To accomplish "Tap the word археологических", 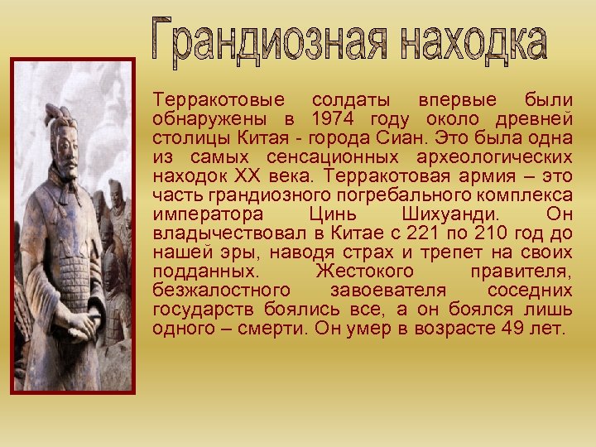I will pos(504,156).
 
